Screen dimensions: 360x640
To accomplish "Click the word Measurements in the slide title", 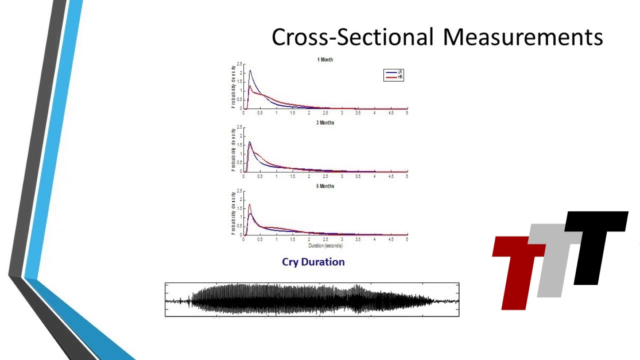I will click(x=523, y=37).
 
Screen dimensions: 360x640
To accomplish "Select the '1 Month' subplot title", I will click(x=325, y=60).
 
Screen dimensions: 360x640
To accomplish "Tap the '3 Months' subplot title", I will click(x=325, y=123).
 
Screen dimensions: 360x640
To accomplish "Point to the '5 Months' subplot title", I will click(x=325, y=186).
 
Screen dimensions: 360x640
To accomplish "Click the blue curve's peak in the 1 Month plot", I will click(x=250, y=71).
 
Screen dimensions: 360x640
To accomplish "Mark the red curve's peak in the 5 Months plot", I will click(x=250, y=204).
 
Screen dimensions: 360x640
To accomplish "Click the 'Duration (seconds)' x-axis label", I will click(x=325, y=246).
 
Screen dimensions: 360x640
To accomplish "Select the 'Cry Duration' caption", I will click(x=313, y=262).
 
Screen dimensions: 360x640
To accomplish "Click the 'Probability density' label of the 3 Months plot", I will click(x=232, y=149).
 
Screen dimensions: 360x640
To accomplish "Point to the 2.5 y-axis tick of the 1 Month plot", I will click(x=239, y=64).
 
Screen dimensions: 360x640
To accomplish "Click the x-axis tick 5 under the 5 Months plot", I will click(x=407, y=239).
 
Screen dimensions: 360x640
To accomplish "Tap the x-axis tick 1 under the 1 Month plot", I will click(x=276, y=113).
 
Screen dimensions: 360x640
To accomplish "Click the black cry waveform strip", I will click(x=312, y=300).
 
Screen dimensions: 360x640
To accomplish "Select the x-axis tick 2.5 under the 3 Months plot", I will click(x=325, y=176).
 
